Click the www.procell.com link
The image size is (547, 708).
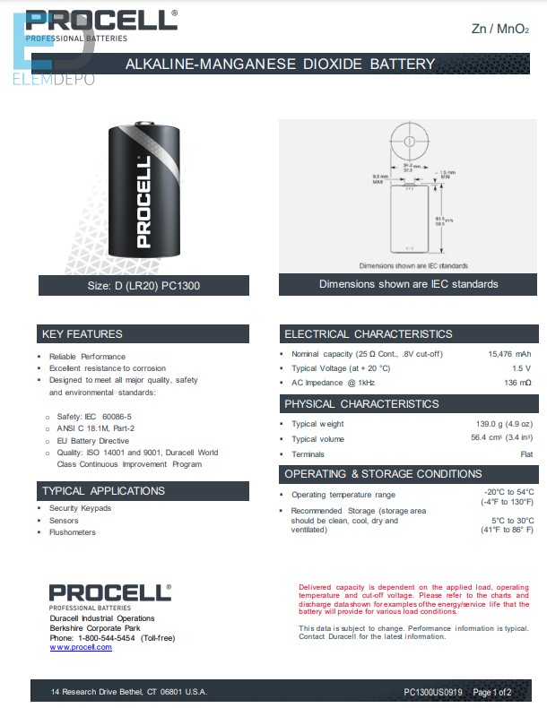(81, 647)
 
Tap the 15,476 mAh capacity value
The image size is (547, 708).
(509, 354)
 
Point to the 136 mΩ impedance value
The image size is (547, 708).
(517, 383)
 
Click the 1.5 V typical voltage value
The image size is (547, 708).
(521, 368)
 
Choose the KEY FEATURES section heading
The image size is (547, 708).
(82, 334)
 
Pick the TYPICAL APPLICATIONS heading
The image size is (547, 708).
(103, 491)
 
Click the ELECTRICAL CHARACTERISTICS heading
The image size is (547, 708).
(369, 334)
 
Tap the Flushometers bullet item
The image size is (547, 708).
(73, 532)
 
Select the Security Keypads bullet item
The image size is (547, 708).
(80, 508)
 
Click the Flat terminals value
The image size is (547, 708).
(526, 454)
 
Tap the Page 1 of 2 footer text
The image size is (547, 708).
(491, 692)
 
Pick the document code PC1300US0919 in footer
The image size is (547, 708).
(434, 692)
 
